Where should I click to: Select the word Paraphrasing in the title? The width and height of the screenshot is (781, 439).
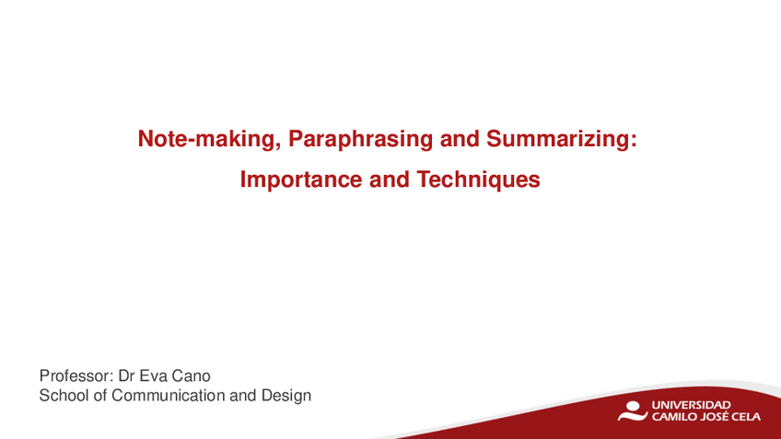click(x=360, y=140)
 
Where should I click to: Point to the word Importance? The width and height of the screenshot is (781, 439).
click(x=301, y=179)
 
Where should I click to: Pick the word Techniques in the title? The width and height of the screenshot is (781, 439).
click(x=478, y=179)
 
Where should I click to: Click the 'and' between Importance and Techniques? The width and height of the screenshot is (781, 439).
click(x=390, y=179)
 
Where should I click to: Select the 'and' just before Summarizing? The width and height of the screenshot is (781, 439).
click(x=460, y=139)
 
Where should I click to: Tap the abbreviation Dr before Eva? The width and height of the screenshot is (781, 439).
click(x=126, y=375)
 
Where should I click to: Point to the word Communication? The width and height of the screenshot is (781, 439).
click(x=168, y=396)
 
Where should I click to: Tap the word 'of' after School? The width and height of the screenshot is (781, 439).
click(x=100, y=396)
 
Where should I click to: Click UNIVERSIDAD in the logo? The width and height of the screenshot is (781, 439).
click(x=691, y=405)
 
